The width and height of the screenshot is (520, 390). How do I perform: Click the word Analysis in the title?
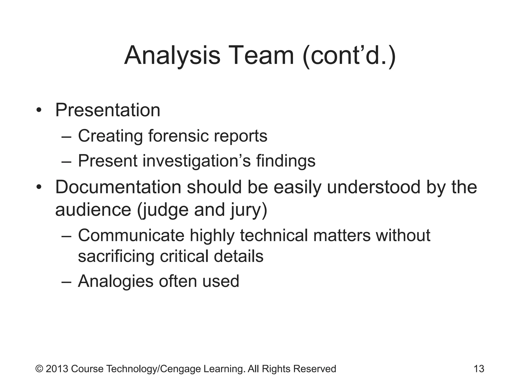[172, 56]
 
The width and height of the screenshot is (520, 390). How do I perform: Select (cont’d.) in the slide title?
[349, 56]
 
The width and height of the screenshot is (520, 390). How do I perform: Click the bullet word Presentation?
[108, 110]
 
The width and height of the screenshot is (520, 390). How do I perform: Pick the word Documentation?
[118, 187]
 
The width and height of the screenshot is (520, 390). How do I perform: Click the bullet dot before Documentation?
[39, 187]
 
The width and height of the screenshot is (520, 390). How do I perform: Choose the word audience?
[93, 210]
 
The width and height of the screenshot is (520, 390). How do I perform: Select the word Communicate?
[131, 235]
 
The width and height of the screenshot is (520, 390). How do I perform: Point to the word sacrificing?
[116, 256]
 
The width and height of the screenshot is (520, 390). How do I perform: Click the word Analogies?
[116, 281]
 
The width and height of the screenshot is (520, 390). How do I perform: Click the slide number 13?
[479, 369]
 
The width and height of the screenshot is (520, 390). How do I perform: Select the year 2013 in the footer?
[57, 369]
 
